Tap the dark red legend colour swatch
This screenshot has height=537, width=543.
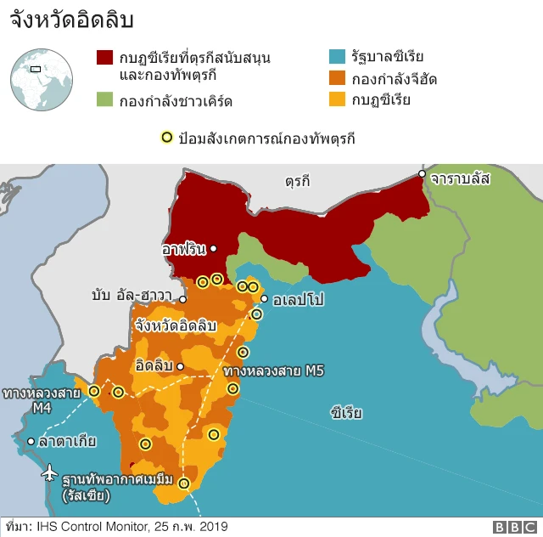point(104,58)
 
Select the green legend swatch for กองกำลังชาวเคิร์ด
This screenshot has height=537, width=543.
point(104,100)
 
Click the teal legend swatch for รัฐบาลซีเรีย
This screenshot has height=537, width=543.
point(337,58)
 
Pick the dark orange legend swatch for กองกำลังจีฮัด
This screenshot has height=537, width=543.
point(337,79)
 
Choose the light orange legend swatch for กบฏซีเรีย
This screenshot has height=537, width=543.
point(337,100)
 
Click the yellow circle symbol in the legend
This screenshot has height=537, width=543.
point(167,137)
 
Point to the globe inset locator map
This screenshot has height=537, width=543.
point(41,80)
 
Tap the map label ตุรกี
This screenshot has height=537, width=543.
point(298,180)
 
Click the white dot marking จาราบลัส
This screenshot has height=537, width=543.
point(422,174)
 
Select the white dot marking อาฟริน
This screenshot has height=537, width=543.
point(213,249)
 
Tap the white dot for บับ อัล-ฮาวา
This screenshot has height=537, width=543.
point(182,299)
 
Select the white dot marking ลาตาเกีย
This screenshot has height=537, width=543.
point(31,441)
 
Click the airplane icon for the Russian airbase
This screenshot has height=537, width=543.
point(49,471)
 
